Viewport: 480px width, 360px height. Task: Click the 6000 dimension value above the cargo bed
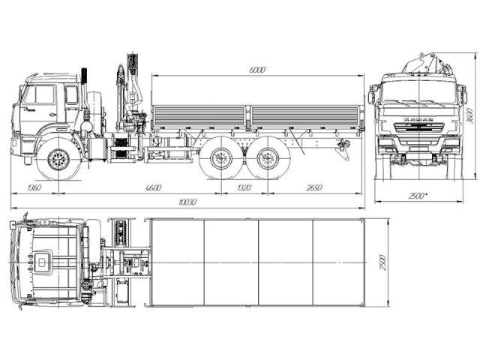(x=257, y=69)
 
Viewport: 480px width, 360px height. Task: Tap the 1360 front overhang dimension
(x=33, y=188)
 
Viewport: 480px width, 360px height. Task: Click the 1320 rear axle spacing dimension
(x=243, y=188)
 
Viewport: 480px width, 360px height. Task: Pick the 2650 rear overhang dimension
(x=314, y=188)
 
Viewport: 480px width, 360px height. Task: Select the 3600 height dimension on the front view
(x=470, y=118)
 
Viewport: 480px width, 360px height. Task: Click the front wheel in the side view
(x=57, y=159)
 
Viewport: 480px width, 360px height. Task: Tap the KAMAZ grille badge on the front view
(x=418, y=119)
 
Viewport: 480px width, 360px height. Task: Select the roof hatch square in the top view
(x=44, y=261)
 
